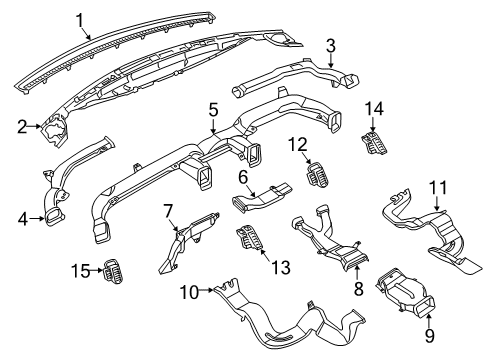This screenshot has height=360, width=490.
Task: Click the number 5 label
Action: pos(212,108)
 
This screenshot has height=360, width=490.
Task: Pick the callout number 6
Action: pos(242,177)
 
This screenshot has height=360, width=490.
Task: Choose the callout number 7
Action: pos(169,211)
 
